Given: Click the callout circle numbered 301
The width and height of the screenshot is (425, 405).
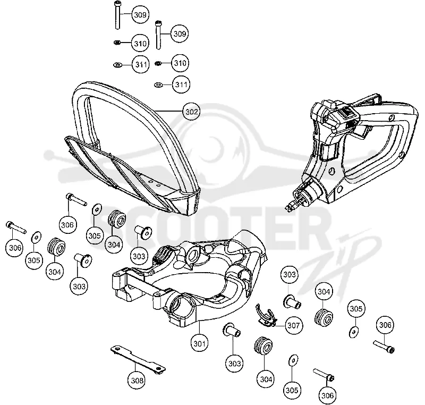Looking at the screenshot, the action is [200, 343].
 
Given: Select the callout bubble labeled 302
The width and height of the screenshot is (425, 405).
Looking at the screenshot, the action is [192, 112].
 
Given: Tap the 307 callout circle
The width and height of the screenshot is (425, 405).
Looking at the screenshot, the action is [294, 325].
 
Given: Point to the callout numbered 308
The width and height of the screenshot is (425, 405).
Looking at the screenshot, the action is [137, 381].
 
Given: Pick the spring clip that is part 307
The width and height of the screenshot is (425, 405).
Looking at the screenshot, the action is [266, 316].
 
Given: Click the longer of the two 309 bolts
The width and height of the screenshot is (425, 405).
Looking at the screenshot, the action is [117, 15].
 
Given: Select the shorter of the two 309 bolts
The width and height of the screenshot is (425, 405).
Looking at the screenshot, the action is [158, 35].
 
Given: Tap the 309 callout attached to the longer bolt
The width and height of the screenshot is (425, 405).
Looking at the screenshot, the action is [140, 15].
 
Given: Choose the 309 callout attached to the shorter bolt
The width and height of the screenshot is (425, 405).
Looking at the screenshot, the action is [180, 33].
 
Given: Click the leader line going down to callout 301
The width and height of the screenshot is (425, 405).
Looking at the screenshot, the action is [200, 328].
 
